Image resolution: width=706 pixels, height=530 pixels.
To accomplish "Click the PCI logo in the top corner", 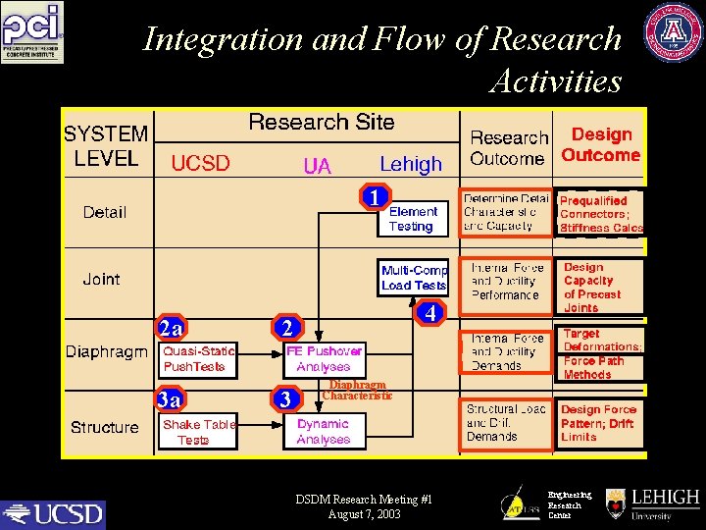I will pyautogui.click(x=32, y=32).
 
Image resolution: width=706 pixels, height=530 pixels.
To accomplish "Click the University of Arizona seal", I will pyautogui.click(x=673, y=32).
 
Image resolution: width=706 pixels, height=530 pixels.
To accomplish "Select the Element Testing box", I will pyautogui.click(x=413, y=219).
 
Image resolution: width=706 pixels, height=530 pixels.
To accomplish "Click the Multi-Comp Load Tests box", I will pyautogui.click(x=414, y=277).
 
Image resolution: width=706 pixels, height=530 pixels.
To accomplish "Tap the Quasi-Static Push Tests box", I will pyautogui.click(x=199, y=359).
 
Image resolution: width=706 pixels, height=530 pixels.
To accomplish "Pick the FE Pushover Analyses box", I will pyautogui.click(x=324, y=359).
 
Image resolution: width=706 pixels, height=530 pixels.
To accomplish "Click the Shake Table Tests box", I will pyautogui.click(x=199, y=432).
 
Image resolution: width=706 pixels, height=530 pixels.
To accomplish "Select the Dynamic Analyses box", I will pyautogui.click(x=324, y=432).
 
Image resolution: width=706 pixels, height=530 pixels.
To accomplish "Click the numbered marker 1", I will pyautogui.click(x=374, y=197).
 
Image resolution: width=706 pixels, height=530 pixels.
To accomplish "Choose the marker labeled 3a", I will pyautogui.click(x=170, y=399).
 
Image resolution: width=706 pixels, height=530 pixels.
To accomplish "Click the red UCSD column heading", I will pyautogui.click(x=200, y=164).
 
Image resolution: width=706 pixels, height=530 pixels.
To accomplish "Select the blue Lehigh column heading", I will pyautogui.click(x=411, y=164).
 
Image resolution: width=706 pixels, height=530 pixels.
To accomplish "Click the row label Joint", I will pyautogui.click(x=101, y=279).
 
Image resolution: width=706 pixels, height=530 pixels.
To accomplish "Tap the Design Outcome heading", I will pyautogui.click(x=601, y=144).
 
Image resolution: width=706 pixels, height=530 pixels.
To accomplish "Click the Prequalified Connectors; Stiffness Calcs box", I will pyautogui.click(x=600, y=214).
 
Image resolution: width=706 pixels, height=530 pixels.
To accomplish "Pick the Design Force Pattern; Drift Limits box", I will pyautogui.click(x=600, y=423).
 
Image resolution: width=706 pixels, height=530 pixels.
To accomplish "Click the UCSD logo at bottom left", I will pyautogui.click(x=53, y=513).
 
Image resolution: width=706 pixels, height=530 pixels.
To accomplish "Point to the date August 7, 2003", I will pyautogui.click(x=364, y=514).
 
